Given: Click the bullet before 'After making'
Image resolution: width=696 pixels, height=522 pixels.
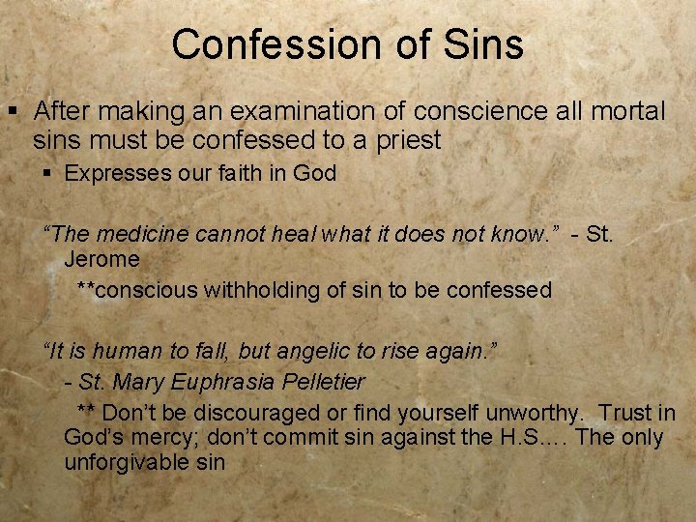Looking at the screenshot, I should (14, 112).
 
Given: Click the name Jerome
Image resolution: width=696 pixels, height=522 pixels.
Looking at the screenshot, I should (101, 259).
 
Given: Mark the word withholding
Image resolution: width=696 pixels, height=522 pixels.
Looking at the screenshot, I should (242, 290).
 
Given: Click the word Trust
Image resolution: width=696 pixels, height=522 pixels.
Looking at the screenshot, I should (625, 413).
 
